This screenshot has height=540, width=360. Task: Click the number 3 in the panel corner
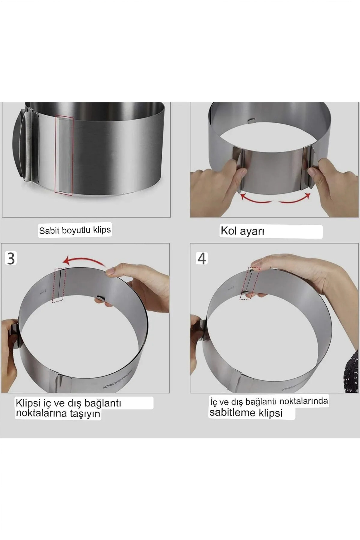point(11,258)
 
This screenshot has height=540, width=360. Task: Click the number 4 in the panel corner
point(202,259)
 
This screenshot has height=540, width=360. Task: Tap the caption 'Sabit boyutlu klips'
point(75,230)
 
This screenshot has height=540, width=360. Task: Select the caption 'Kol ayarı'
point(242,231)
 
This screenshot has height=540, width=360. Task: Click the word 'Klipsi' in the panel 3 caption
point(28,403)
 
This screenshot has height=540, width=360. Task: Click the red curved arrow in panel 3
point(85,261)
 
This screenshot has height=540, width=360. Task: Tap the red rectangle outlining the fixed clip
point(64,155)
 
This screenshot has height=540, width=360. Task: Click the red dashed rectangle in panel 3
point(59,285)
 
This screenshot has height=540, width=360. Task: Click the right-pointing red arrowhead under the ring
point(307,196)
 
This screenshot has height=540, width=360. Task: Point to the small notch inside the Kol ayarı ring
point(251,121)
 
